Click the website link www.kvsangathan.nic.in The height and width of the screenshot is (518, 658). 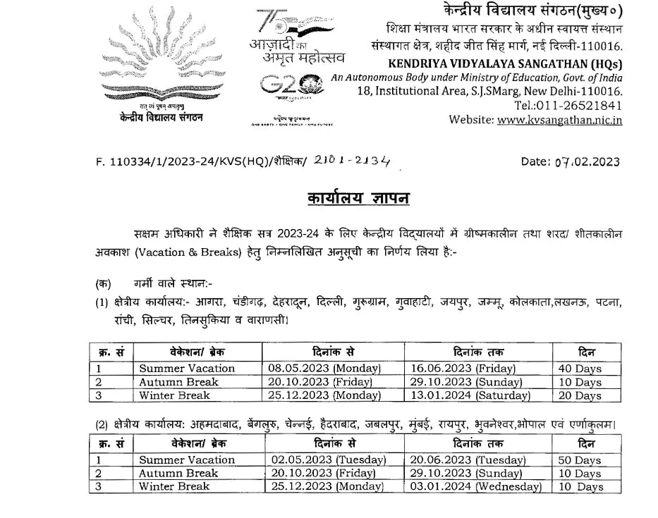tap(559, 120)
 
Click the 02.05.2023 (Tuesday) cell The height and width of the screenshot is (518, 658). tap(329, 460)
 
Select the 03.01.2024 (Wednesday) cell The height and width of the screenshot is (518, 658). tap(476, 487)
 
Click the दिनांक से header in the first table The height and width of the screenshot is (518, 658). tap(331, 352)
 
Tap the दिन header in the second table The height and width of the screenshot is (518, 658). tap(585, 444)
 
